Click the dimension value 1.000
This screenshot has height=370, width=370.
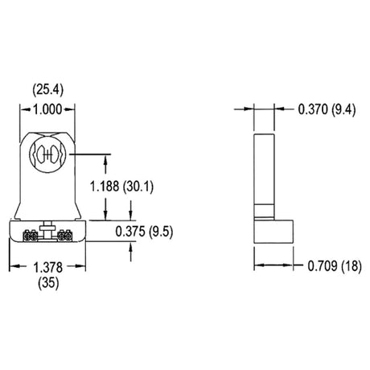[x=47, y=109]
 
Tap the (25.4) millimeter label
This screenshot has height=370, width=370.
[x=48, y=90]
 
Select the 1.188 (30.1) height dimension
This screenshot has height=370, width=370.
[x=121, y=187]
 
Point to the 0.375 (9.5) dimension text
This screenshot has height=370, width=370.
[x=144, y=232]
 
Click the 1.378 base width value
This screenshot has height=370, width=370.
[x=48, y=267]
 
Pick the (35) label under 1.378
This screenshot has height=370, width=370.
[x=48, y=283]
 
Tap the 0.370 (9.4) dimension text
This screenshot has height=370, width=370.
[x=327, y=109]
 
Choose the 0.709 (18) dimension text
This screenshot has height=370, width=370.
[x=335, y=266]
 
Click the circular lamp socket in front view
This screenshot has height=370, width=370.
[x=47, y=154]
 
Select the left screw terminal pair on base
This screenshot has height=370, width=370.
[x=30, y=236]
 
